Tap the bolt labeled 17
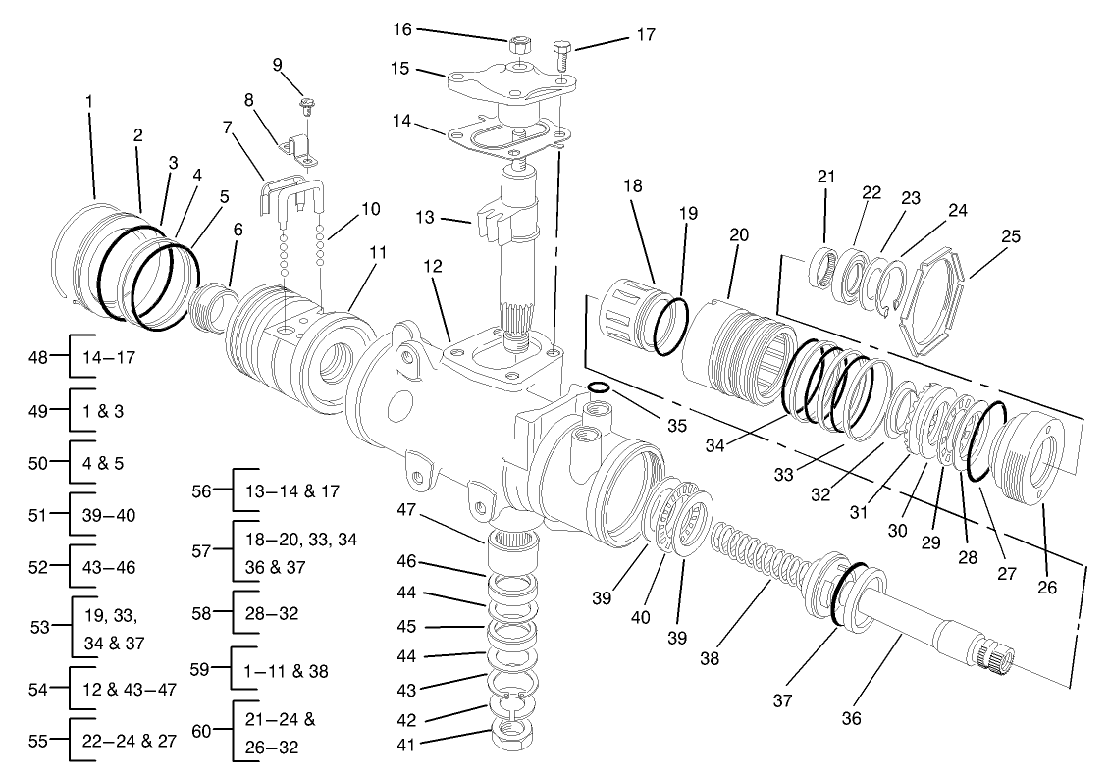tap(562, 51)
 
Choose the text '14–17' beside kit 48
tap(112, 357)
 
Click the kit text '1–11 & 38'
tap(286, 671)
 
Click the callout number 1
tap(90, 101)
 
